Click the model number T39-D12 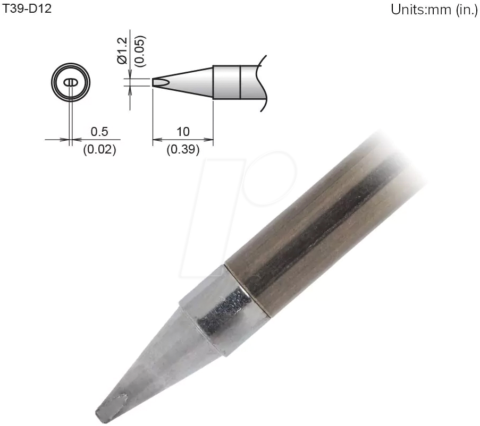[x=27, y=9]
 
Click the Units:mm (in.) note [x=434, y=10]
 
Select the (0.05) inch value [x=139, y=51]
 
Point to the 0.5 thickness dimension [x=99, y=131]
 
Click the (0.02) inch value [x=99, y=149]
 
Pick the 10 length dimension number [x=183, y=131]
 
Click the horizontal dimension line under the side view [x=183, y=140]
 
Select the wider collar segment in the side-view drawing [x=227, y=82]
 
